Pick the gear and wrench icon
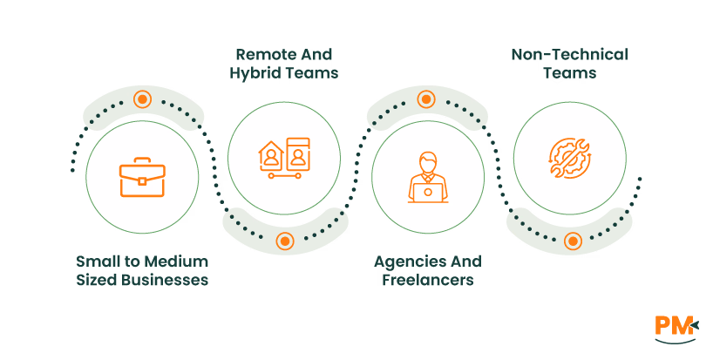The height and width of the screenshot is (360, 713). (x=570, y=157)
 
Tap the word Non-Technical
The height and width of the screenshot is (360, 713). (x=569, y=54)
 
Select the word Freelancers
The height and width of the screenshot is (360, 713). (x=427, y=281)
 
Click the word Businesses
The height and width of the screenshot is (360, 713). (x=166, y=281)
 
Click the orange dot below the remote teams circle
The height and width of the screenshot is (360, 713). (x=284, y=241)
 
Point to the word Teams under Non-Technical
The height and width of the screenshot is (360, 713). (x=569, y=73)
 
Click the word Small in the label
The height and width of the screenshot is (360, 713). (x=97, y=262)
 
